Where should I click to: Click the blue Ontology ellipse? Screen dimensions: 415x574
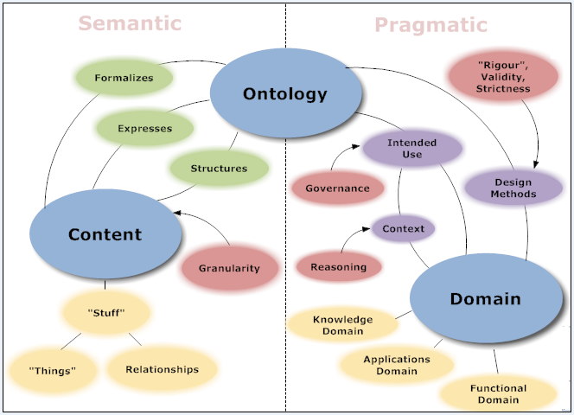(x=272, y=94)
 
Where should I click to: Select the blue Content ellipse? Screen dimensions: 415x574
(x=105, y=234)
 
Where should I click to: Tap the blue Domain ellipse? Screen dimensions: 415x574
(x=485, y=299)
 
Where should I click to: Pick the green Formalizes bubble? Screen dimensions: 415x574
(x=124, y=78)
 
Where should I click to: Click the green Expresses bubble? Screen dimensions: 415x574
(x=145, y=129)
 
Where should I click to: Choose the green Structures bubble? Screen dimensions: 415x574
(x=218, y=169)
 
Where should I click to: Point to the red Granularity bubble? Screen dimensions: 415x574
(x=229, y=268)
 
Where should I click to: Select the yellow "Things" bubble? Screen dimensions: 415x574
(x=52, y=370)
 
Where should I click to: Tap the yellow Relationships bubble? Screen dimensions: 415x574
(x=162, y=369)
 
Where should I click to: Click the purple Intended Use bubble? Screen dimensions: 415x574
(x=411, y=148)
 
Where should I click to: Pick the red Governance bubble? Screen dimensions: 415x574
(x=337, y=188)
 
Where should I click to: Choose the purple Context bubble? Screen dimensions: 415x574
(x=403, y=229)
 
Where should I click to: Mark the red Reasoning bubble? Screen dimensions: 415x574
(x=338, y=267)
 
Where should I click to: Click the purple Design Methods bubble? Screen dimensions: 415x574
(x=513, y=188)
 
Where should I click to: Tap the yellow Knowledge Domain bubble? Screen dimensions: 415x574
(x=342, y=324)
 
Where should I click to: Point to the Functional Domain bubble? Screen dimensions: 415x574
(x=497, y=394)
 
